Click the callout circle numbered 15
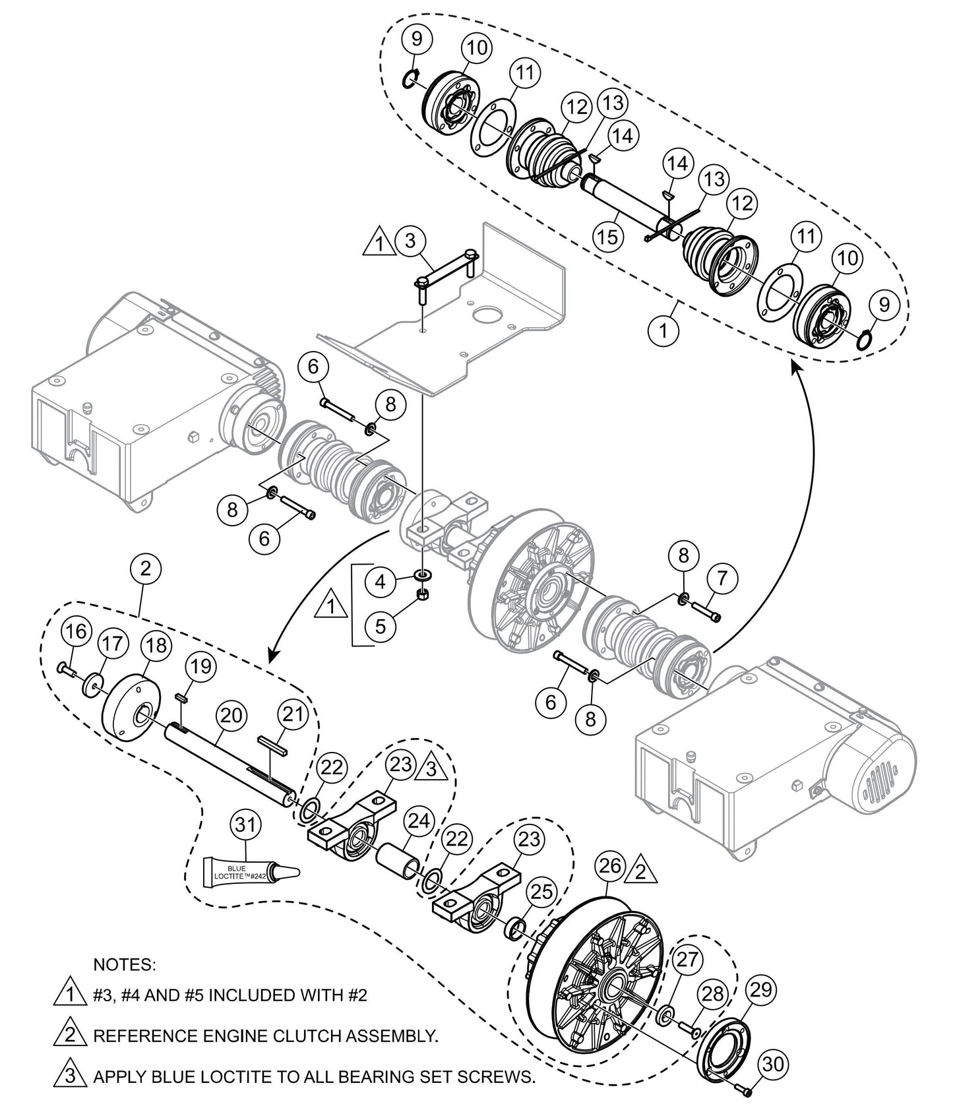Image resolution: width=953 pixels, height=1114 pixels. coord(608,236)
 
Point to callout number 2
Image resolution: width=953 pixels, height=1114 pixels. coord(146,569)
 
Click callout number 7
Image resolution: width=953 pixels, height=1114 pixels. coord(722,579)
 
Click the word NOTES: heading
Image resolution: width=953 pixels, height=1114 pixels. coord(125,965)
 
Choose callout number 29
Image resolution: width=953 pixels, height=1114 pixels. coord(762,991)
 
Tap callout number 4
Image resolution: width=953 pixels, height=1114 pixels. coord(380,582)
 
